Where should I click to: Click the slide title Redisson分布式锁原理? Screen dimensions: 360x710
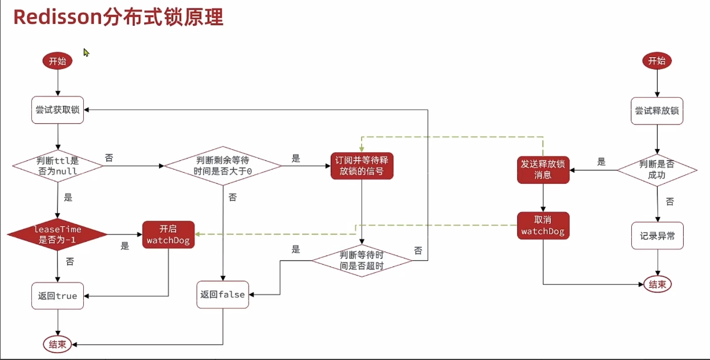[x=118, y=17]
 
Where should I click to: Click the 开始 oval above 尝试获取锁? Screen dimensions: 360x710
[x=58, y=61]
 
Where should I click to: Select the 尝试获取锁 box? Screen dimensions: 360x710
[x=58, y=110]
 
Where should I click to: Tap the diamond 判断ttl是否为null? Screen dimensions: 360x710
[x=58, y=166]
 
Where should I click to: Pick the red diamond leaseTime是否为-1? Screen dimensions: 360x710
[x=58, y=234]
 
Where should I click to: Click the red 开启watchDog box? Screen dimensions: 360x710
[x=168, y=234]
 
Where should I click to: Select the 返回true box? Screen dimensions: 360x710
[x=58, y=296]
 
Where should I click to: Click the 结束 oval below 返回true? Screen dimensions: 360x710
[x=58, y=344]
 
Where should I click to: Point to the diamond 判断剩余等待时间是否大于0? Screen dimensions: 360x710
[x=223, y=166]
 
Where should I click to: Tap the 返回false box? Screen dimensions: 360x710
[x=222, y=294]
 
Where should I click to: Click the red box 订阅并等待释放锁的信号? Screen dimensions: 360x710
[x=362, y=165]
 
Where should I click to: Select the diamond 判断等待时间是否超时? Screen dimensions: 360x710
[x=362, y=261]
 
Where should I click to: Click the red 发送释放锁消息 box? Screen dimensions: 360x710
[x=543, y=169]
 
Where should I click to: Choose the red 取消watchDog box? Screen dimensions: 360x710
[x=543, y=226]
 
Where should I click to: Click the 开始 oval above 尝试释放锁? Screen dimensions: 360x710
[x=657, y=61]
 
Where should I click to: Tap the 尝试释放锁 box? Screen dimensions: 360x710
[x=657, y=111]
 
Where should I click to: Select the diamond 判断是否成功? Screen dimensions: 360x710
[x=657, y=169]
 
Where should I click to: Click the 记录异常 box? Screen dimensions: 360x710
[x=657, y=236]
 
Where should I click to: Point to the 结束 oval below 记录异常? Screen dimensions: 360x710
[x=657, y=284]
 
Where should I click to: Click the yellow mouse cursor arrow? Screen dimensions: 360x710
[x=86, y=52]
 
